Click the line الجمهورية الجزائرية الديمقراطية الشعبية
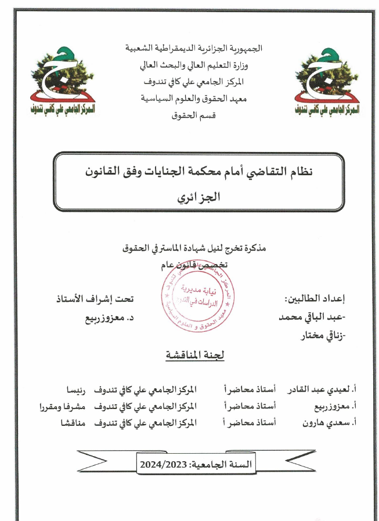194,48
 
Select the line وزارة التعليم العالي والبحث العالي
194,64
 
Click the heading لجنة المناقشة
192,355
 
